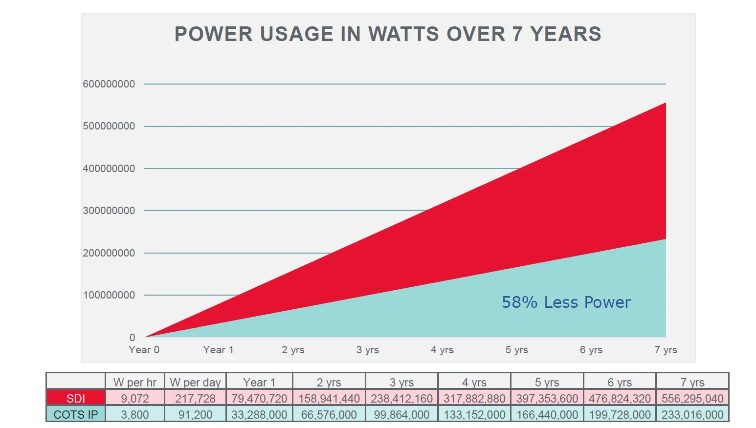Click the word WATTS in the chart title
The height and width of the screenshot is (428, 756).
point(403,34)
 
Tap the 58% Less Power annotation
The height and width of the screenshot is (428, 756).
point(566,302)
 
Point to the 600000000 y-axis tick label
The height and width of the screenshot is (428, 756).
point(109,84)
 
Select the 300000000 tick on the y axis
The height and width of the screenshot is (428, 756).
point(109,211)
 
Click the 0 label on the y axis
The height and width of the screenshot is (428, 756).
point(133,337)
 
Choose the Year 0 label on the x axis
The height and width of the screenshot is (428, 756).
point(144,350)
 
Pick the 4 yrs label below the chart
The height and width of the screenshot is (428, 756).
point(442,350)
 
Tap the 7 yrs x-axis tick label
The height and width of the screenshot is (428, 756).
point(666,350)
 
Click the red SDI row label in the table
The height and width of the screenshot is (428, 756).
point(76,398)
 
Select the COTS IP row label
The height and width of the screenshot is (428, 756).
point(76,414)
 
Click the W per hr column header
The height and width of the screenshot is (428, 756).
point(134,383)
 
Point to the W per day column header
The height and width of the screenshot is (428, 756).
point(195,383)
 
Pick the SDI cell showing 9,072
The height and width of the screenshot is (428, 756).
point(134,398)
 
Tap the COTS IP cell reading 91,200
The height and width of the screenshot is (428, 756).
point(195,414)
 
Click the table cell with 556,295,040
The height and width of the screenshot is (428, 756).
point(692,398)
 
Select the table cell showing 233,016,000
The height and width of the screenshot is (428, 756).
point(692,414)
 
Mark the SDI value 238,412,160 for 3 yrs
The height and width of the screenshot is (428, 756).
point(401,398)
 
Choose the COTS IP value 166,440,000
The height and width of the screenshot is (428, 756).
point(547,414)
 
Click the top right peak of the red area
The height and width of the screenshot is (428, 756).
point(666,103)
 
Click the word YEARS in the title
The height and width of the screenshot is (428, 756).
point(566,34)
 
